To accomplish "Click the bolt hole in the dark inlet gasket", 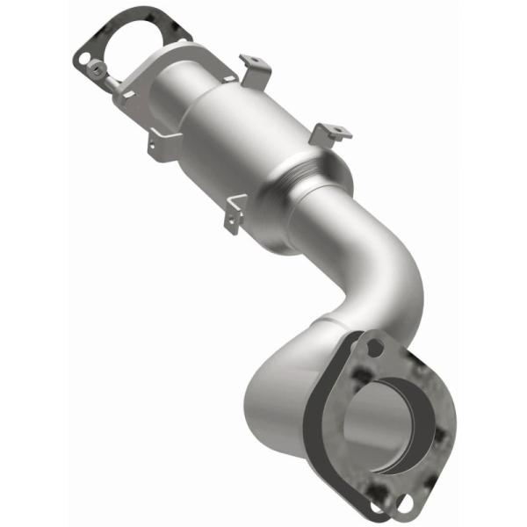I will [x=84, y=59].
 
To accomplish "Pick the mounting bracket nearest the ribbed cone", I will [x=330, y=134].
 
